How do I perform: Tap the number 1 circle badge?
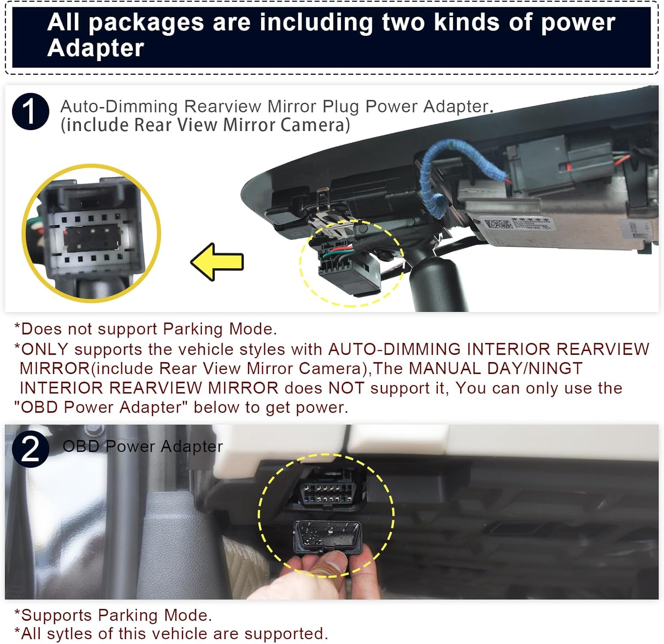30,112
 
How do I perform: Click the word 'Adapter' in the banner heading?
96,48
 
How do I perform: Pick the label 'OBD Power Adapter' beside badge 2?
143,447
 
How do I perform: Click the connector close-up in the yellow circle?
91,233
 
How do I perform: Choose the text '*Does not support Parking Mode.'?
146,329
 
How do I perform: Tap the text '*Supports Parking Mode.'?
113,615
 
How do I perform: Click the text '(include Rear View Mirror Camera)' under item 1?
205,125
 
